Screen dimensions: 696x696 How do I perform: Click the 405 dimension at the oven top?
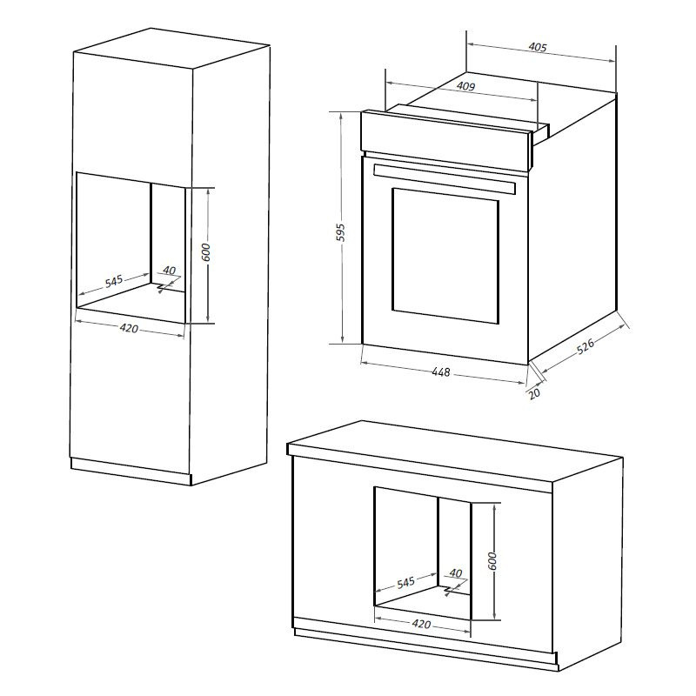[538, 47]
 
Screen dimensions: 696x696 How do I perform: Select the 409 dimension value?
[465, 86]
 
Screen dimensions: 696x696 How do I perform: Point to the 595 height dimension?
[340, 232]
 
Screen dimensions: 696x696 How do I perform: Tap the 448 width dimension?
[441, 372]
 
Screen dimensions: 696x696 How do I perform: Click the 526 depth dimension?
[585, 346]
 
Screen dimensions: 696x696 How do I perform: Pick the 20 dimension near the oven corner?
[535, 393]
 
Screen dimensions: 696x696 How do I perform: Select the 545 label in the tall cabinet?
[114, 281]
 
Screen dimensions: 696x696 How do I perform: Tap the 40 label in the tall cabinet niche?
[170, 271]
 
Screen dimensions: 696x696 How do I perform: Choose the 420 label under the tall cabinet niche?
[129, 329]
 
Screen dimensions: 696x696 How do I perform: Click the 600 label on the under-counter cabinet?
[492, 561]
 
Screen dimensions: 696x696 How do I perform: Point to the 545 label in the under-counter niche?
[405, 582]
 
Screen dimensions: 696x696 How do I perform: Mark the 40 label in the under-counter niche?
[456, 573]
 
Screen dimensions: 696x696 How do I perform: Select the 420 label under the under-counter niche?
[421, 624]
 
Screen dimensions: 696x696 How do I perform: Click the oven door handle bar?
[445, 178]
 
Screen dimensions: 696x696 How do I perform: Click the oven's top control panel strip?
[446, 140]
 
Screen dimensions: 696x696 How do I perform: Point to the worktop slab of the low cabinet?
[455, 458]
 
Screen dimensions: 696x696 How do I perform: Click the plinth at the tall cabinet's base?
[131, 472]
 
